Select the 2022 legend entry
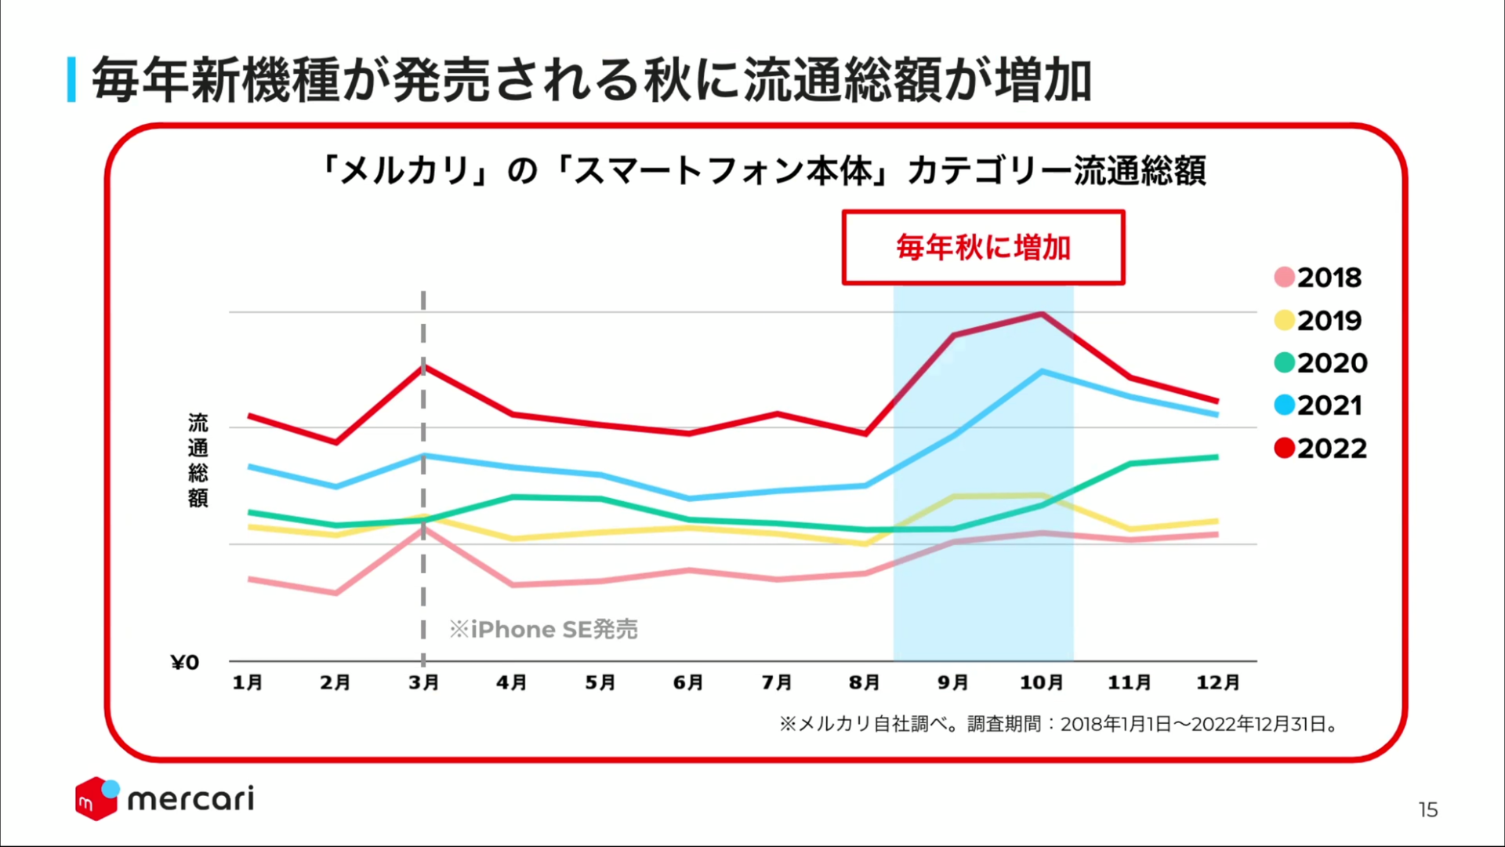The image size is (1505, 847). pyautogui.click(x=1321, y=449)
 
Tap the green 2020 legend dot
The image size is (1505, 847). pyautogui.click(x=1284, y=362)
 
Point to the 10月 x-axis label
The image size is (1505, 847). pyautogui.click(x=1041, y=682)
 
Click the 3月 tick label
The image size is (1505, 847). pyautogui.click(x=423, y=682)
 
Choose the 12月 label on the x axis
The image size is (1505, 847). pyautogui.click(x=1217, y=682)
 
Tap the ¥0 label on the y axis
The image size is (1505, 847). pyautogui.click(x=185, y=663)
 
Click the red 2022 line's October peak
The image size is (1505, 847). pyautogui.click(x=1042, y=314)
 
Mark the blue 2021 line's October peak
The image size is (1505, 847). pyautogui.click(x=1042, y=371)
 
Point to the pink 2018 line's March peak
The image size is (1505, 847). pyautogui.click(x=424, y=528)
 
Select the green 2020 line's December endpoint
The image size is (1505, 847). pyautogui.click(x=1217, y=456)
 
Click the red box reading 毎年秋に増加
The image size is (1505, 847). pyautogui.click(x=983, y=248)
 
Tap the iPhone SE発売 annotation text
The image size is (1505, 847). pyautogui.click(x=543, y=629)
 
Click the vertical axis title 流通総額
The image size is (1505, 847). pyautogui.click(x=198, y=460)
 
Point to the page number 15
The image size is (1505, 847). pyautogui.click(x=1427, y=810)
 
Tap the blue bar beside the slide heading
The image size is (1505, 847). pyautogui.click(x=72, y=79)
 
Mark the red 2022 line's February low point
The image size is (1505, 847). pyautogui.click(x=336, y=442)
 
